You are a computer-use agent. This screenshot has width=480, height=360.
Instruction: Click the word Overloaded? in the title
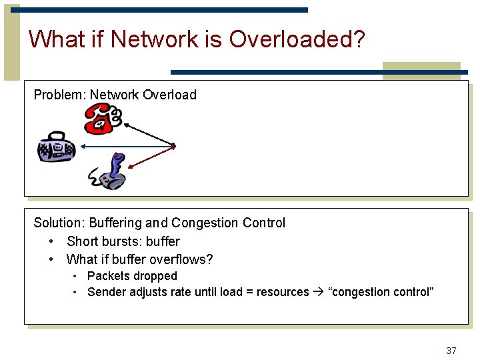click(297, 39)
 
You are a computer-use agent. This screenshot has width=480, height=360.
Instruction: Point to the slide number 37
click(451, 351)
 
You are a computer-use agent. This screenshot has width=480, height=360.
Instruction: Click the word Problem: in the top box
click(60, 95)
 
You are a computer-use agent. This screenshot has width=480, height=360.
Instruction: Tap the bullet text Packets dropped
click(132, 276)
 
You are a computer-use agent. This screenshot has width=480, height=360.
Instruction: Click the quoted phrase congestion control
click(381, 292)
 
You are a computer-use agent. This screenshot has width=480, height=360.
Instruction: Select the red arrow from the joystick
click(151, 158)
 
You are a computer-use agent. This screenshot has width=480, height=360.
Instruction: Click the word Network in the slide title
click(155, 39)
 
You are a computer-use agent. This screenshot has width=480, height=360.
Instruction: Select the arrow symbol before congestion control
click(318, 292)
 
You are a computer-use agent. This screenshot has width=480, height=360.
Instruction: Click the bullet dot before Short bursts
click(51, 241)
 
